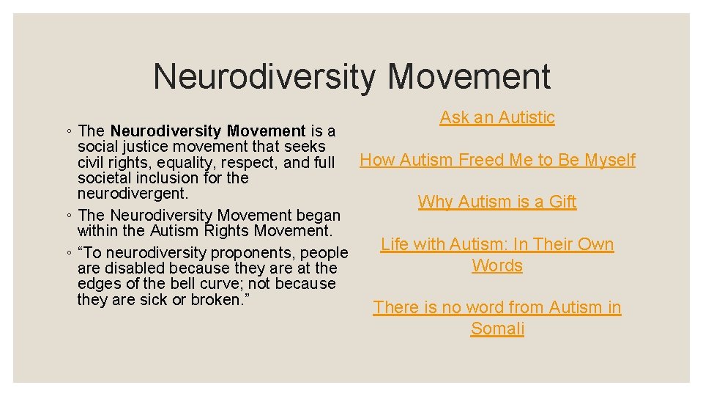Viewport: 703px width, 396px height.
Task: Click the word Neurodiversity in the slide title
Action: (x=264, y=77)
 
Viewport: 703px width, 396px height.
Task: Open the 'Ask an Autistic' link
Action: (x=497, y=117)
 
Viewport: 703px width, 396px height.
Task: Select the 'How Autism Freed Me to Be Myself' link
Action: (x=497, y=160)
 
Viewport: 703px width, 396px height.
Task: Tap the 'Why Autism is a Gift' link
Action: (x=497, y=202)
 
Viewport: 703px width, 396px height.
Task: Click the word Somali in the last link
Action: (x=497, y=329)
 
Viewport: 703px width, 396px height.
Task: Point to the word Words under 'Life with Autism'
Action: (x=497, y=265)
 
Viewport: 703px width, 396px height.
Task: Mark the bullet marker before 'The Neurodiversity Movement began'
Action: (x=67, y=216)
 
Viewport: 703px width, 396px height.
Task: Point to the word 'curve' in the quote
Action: (x=236, y=284)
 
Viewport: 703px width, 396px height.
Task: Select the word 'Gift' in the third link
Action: (x=560, y=202)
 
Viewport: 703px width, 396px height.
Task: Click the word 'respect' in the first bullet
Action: (x=251, y=163)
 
